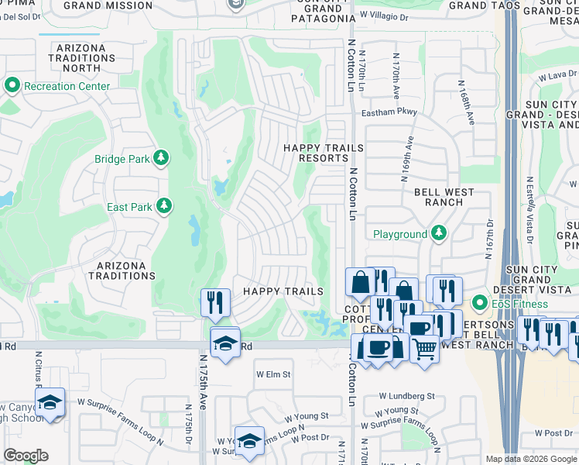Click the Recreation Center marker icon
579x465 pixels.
12,84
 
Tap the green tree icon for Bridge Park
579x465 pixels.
161,159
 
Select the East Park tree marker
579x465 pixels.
163,206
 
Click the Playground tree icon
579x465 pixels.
439,233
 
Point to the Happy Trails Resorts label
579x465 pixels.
315,153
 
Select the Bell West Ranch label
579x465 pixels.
438,197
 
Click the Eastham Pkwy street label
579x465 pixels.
389,112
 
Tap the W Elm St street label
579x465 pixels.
273,374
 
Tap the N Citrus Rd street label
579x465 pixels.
38,370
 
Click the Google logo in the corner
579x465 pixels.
26,456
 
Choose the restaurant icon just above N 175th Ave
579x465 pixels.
215,301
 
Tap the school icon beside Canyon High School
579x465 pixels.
50,403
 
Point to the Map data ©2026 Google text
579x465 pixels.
531,459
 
